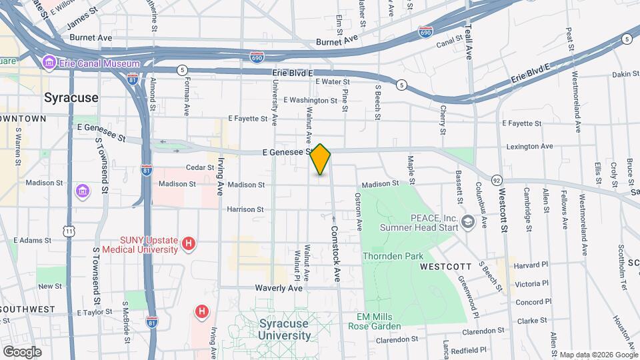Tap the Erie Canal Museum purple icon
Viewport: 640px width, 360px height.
pyautogui.click(x=49, y=63)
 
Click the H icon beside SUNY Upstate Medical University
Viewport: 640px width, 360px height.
pyautogui.click(x=189, y=245)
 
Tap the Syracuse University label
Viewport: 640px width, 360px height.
pyautogui.click(x=284, y=329)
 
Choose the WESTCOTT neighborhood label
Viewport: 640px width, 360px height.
pyautogui.click(x=446, y=267)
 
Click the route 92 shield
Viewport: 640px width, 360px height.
pyautogui.click(x=497, y=180)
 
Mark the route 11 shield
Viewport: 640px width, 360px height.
pyautogui.click(x=69, y=230)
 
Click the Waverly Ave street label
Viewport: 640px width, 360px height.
pyautogui.click(x=279, y=288)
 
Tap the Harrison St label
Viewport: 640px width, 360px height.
pyautogui.click(x=245, y=209)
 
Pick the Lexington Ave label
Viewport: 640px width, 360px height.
pyautogui.click(x=529, y=146)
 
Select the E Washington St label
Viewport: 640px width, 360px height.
pyautogui.click(x=310, y=101)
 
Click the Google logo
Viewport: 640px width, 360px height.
pyautogui.click(x=22, y=351)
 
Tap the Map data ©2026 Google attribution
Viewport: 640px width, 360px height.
pyautogui.click(x=598, y=355)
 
